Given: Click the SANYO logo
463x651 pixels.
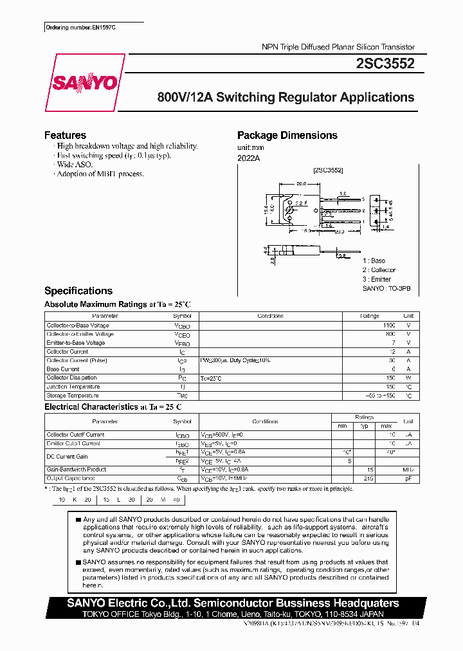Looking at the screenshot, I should [x=84, y=83].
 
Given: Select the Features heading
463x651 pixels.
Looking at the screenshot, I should [x=65, y=135].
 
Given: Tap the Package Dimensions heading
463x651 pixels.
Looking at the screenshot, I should [x=287, y=135].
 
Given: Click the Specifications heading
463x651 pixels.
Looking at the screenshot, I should [x=78, y=291].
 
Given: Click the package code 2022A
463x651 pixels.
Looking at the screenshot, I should [x=248, y=158].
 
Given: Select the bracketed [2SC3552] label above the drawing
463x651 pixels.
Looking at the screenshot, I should [x=328, y=170].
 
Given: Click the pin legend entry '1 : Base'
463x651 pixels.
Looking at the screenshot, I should [x=375, y=261].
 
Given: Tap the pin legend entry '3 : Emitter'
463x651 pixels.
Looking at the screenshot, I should [x=377, y=279].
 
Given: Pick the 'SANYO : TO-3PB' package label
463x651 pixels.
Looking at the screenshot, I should [x=386, y=289].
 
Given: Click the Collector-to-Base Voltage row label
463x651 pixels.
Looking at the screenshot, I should [x=78, y=325].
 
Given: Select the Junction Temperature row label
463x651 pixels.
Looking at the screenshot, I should [x=73, y=387].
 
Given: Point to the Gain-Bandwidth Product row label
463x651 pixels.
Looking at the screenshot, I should [x=77, y=470].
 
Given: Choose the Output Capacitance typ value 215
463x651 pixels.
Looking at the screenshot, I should [x=369, y=479].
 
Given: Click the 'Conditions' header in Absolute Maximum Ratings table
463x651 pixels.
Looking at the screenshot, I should [x=270, y=316].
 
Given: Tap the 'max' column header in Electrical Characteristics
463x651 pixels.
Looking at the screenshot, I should [x=386, y=426].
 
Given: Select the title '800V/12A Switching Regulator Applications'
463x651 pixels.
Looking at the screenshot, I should [x=286, y=98].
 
